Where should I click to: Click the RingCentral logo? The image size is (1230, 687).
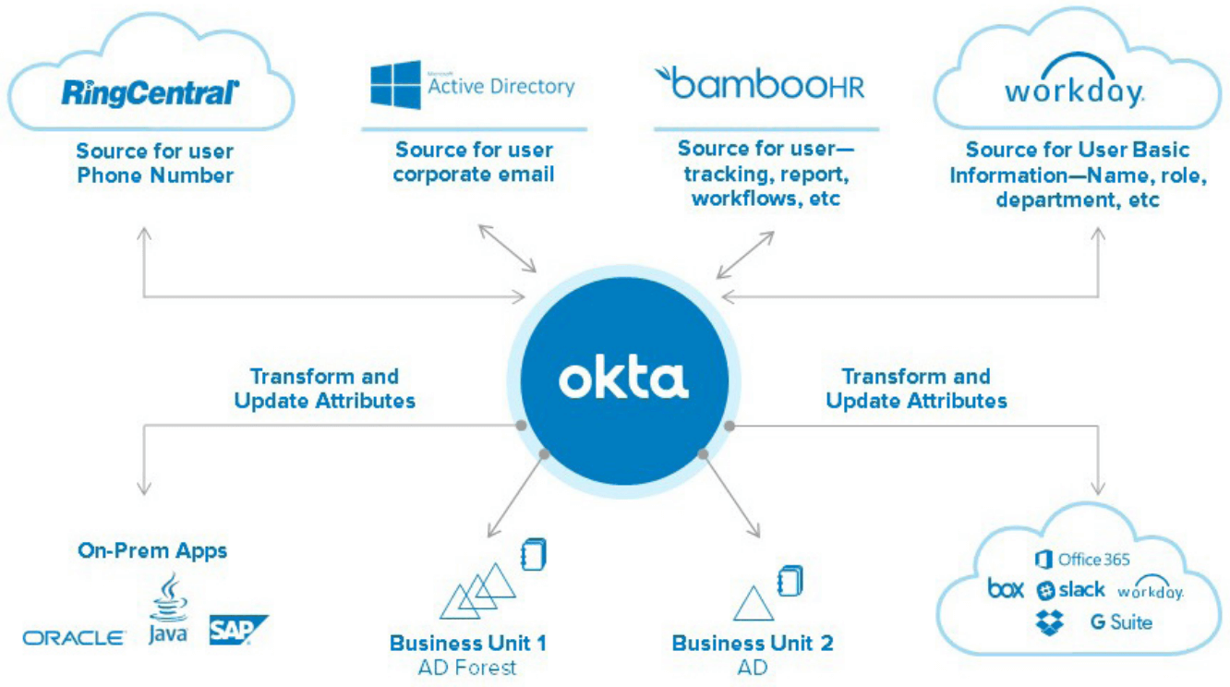coord(151,91)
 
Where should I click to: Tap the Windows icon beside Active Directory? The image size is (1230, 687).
coord(395,86)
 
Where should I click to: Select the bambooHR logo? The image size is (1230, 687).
coord(760,83)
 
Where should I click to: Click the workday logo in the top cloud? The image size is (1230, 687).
coord(1074,90)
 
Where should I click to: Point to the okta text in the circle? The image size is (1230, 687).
coord(623,380)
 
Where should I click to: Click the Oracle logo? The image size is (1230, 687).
coord(74,637)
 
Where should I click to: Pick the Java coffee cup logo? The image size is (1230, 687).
coord(168,609)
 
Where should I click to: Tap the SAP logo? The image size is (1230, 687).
coord(236,630)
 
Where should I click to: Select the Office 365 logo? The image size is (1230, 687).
coord(1081,560)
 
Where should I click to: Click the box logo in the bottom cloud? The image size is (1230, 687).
coord(1006,589)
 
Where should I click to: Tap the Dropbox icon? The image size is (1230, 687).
coord(1049,622)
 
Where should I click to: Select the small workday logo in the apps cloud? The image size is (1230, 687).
coord(1151,591)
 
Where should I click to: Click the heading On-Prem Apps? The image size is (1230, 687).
coord(152,551)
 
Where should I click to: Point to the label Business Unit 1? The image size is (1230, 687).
coord(467,643)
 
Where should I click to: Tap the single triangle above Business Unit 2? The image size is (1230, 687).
coord(753,605)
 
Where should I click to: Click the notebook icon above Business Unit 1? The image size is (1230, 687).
coord(534,554)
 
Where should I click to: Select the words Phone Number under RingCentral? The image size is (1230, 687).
coord(155,175)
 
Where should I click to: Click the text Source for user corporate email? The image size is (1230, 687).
coord(474,162)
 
